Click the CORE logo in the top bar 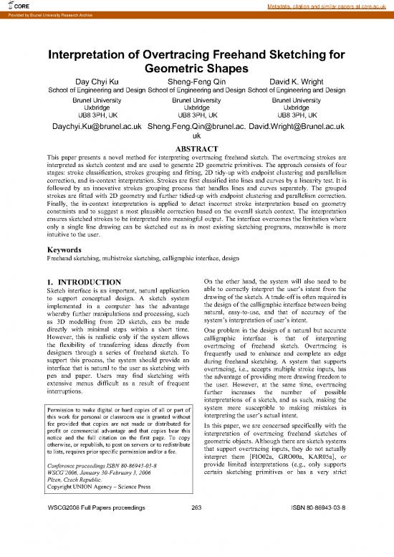tap(15, 6)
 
